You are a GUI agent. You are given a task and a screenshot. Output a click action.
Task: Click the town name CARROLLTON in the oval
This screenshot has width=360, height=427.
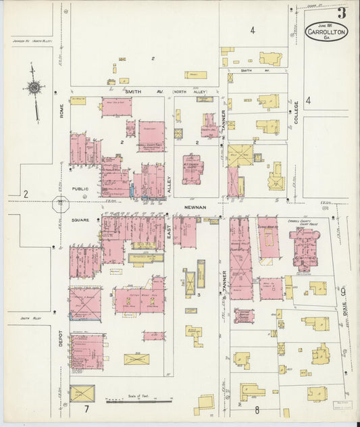[327, 32]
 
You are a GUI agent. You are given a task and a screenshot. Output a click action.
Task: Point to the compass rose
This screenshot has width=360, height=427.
[33, 87]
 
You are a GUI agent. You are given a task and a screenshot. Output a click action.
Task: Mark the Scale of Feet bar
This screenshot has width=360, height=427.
[138, 401]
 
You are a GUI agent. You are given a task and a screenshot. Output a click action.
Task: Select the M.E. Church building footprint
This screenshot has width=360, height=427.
[192, 169]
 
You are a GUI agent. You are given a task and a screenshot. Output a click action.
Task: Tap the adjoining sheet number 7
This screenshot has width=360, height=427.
[86, 409]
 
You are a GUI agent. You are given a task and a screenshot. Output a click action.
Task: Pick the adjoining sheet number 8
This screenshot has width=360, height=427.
[257, 409]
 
